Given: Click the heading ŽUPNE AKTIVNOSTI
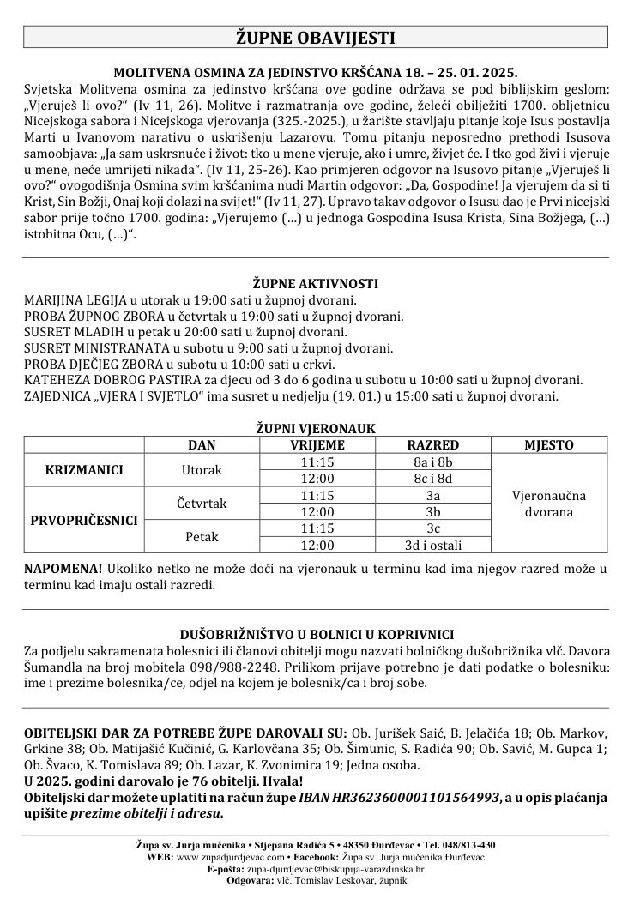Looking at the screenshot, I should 315,284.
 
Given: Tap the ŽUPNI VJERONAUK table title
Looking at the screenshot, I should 315,428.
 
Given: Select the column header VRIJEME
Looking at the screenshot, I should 317,444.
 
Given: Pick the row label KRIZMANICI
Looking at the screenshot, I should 85,469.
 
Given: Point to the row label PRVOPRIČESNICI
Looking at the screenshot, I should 85,519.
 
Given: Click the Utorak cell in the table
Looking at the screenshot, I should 202,469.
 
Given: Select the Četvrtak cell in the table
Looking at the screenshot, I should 202,503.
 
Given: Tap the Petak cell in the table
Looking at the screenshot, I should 202,536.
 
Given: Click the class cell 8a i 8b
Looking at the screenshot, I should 433,462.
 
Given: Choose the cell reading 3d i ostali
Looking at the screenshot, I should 433,545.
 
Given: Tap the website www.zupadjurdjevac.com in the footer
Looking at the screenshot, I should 230,856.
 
